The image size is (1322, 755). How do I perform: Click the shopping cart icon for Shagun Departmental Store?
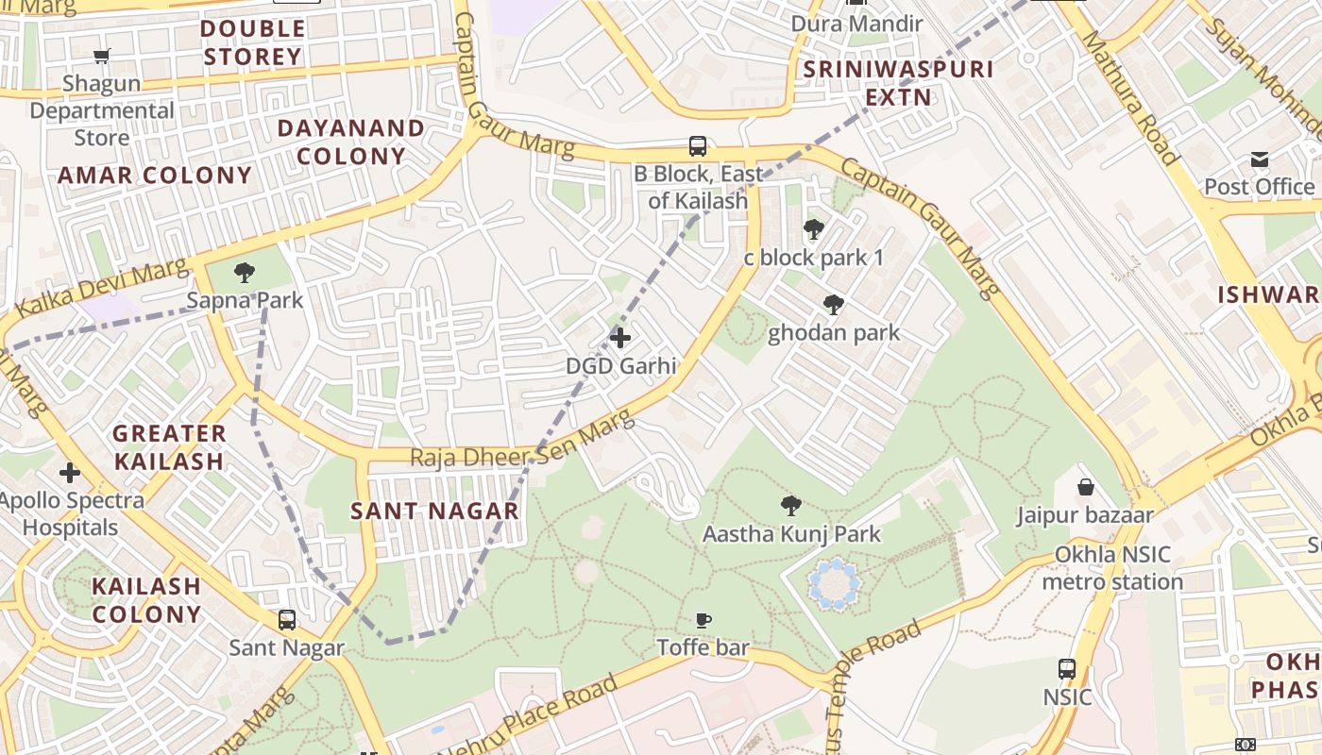click(102, 56)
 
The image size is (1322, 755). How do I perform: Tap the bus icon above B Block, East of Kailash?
click(698, 146)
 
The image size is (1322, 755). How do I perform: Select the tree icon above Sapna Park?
click(245, 273)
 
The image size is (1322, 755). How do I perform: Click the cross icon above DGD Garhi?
click(620, 337)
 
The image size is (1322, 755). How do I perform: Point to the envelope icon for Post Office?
click(1260, 159)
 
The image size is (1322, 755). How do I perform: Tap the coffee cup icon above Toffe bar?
click(703, 620)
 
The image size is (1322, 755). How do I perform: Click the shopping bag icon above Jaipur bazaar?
click(1086, 487)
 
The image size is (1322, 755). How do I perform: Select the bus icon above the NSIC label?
click(1067, 669)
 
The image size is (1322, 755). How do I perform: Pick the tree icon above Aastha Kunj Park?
click(791, 506)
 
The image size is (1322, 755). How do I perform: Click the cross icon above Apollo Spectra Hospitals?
click(70, 472)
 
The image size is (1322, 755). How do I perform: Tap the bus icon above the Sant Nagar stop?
click(287, 620)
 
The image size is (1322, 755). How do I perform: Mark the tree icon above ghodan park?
click(833, 304)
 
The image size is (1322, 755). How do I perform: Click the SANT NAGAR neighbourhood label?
click(434, 512)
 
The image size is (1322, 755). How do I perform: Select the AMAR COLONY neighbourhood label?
click(155, 176)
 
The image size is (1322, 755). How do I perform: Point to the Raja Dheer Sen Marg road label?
click(519, 446)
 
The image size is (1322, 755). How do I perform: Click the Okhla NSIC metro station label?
click(1112, 568)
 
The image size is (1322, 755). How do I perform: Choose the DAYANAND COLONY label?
click(351, 142)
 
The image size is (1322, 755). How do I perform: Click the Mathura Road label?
click(1129, 98)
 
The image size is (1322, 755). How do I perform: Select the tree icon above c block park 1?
click(813, 228)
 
